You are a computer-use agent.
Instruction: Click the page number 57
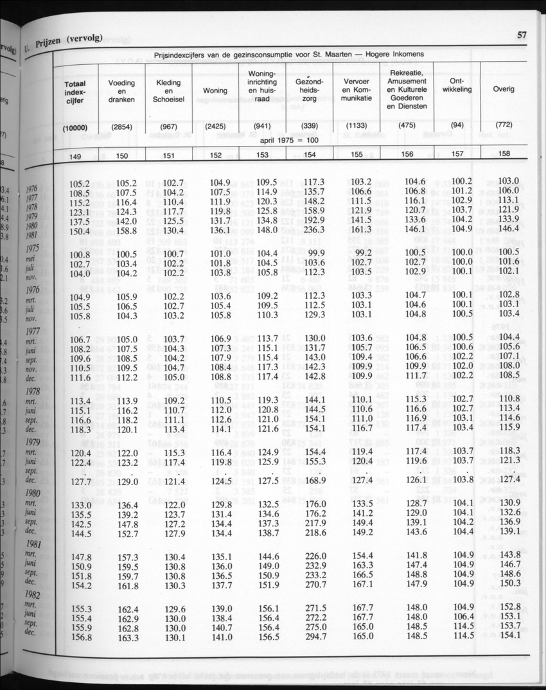pyautogui.click(x=522, y=35)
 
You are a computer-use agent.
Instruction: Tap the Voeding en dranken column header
pyautogui.click(x=121, y=91)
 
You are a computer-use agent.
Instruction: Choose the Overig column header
pyautogui.click(x=504, y=89)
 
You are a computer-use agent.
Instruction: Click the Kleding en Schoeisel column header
pyautogui.click(x=168, y=91)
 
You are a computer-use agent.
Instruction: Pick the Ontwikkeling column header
pyautogui.click(x=457, y=85)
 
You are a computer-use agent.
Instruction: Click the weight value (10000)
pyautogui.click(x=75, y=127)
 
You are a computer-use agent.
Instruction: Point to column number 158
pyautogui.click(x=504, y=154)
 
